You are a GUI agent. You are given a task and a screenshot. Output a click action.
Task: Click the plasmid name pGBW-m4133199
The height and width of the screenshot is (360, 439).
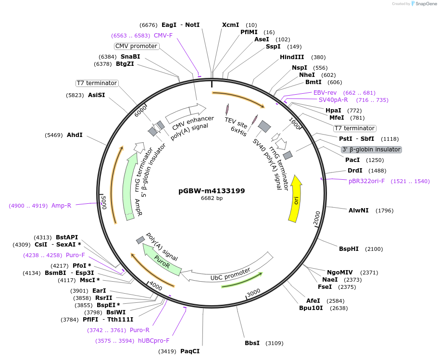[212, 190]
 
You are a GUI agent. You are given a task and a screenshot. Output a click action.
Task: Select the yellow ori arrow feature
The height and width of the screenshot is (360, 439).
[295, 199]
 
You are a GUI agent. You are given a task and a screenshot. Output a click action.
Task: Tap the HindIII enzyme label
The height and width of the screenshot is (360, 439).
[292, 57]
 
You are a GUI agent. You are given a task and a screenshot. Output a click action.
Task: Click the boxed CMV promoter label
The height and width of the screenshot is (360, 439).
[137, 46]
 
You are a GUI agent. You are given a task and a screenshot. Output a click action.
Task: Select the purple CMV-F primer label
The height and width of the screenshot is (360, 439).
[163, 35]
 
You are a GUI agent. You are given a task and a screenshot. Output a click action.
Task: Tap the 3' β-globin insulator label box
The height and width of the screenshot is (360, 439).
[371, 149]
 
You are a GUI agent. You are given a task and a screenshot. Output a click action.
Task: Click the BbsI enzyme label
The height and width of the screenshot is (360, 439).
[252, 343]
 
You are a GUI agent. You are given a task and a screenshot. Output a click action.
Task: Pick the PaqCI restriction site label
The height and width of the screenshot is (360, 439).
[190, 351]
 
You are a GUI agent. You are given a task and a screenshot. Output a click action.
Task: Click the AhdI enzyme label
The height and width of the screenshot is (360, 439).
[75, 135]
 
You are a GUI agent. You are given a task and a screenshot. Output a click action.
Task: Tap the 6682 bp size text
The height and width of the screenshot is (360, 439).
[212, 198]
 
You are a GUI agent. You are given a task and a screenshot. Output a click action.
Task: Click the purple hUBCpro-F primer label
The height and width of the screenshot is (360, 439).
[153, 341]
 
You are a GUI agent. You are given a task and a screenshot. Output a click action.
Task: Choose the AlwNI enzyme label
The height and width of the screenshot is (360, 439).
[359, 210]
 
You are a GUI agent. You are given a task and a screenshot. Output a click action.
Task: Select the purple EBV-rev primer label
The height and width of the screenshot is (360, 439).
[325, 92]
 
